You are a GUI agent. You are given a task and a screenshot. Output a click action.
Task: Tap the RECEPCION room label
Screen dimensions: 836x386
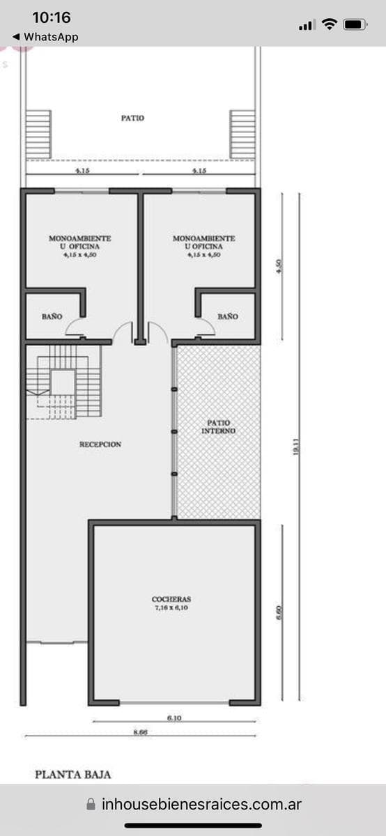pyautogui.click(x=100, y=444)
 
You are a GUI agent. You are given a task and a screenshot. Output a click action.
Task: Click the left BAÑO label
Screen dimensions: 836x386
pyautogui.click(x=52, y=316)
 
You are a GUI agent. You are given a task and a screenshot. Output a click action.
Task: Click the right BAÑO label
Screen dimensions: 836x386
pyautogui.click(x=227, y=316)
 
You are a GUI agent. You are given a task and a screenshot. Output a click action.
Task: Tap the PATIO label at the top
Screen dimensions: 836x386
pyautogui.click(x=132, y=118)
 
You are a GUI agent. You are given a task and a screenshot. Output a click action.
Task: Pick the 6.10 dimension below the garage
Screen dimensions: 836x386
pyautogui.click(x=174, y=718)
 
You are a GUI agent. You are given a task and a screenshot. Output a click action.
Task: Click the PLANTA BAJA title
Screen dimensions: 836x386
pyautogui.click(x=73, y=773)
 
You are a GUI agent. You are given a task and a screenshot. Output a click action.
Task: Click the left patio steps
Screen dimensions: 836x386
pyautogui.click(x=39, y=134)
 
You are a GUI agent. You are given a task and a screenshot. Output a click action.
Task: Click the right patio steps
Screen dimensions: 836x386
pyautogui.click(x=242, y=134)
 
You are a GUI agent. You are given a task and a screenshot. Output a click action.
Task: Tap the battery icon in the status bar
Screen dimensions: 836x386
pyautogui.click(x=355, y=24)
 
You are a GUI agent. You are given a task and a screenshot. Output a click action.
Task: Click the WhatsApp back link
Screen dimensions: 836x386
pyautogui.click(x=45, y=37)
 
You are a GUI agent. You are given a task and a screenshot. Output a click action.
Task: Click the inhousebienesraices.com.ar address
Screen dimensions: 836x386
pyautogui.click(x=201, y=804)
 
